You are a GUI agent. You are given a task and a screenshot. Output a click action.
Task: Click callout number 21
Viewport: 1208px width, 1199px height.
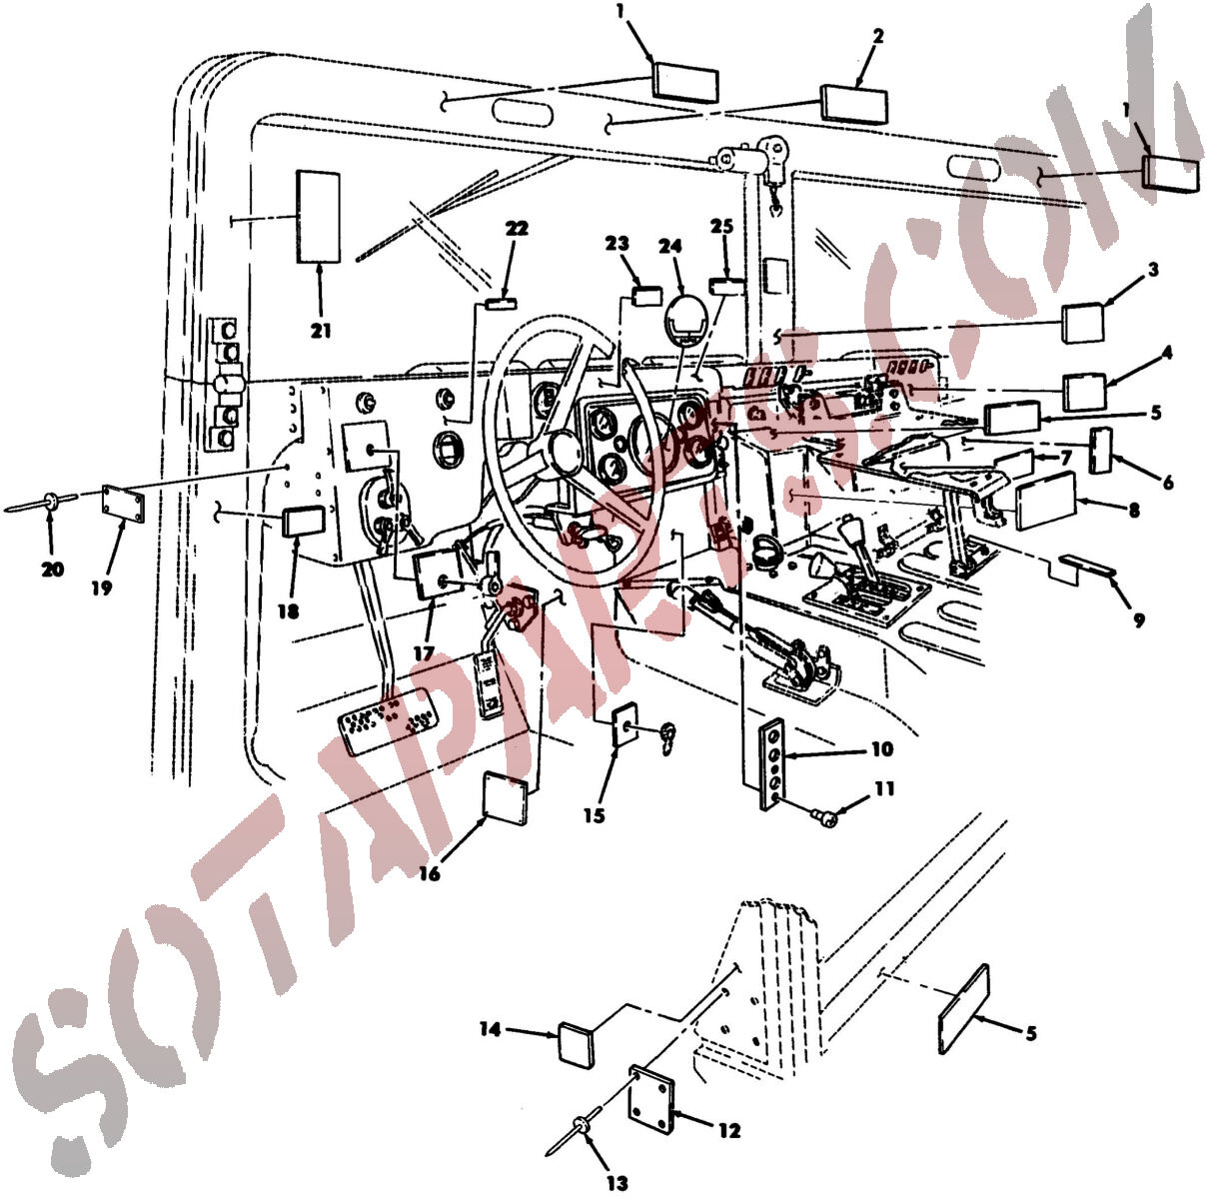coord(321,331)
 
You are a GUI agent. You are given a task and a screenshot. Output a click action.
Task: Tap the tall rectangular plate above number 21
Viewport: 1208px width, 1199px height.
coord(319,217)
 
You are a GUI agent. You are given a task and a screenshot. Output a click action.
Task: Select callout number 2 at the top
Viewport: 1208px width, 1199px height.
coord(877,36)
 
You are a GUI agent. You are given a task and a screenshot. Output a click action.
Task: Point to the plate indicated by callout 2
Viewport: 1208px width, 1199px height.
coord(854,105)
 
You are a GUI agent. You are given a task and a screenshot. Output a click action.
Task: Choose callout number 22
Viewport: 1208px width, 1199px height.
coord(517,228)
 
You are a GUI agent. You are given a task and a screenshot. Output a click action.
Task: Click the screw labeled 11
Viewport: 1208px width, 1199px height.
coord(822,816)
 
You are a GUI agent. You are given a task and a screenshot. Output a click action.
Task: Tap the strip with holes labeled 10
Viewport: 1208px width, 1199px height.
coord(771,764)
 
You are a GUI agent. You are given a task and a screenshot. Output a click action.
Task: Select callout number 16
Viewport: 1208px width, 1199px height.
coord(430,873)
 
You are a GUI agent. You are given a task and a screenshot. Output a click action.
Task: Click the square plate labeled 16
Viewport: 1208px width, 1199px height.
coord(506,797)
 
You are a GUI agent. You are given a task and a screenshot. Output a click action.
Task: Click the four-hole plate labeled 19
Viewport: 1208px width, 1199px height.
coord(124,504)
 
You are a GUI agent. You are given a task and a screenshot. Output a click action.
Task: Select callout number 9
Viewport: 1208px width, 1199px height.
coord(1138,620)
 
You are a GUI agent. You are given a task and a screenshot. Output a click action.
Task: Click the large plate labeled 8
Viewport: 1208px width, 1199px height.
coord(1046,501)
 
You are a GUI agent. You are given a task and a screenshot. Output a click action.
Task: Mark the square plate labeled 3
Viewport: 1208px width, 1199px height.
coord(1083,323)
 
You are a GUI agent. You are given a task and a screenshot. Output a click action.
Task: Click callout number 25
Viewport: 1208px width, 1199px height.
coord(721,227)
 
